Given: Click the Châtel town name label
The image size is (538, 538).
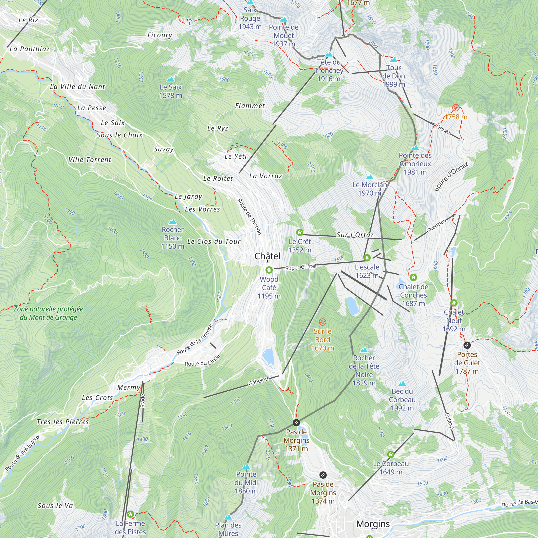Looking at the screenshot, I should (x=267, y=256).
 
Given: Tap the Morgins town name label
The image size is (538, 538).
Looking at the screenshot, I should (x=373, y=524).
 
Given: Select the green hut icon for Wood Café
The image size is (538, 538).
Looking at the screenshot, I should (x=269, y=270).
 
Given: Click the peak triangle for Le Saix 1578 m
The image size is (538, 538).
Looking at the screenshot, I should (x=171, y=79).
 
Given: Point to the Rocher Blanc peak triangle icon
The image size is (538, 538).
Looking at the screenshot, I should (x=173, y=222).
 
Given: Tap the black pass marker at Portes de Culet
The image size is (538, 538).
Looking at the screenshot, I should (x=467, y=345).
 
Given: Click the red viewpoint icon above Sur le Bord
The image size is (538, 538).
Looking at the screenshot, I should (x=323, y=322).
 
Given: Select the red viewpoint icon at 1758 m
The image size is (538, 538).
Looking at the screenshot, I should (x=456, y=108).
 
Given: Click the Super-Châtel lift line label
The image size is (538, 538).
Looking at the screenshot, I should (x=301, y=267).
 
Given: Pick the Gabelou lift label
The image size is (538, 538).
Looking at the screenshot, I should (x=259, y=381).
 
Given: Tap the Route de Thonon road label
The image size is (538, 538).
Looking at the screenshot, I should (x=249, y=217).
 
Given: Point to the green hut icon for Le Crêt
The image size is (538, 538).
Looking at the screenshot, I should (x=300, y=232).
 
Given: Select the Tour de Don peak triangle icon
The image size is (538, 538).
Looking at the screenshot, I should (x=394, y=60).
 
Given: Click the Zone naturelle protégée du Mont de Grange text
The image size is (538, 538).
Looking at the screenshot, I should (x=48, y=313).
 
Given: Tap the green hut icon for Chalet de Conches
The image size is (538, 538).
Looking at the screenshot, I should (x=413, y=277).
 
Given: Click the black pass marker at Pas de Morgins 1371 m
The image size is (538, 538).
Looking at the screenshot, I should (x=296, y=423).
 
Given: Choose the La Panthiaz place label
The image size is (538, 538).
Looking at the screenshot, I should (x=30, y=49).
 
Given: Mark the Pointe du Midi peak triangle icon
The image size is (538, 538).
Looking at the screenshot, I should (x=246, y=466).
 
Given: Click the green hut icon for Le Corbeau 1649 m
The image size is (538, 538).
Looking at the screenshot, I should (x=391, y=454).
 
